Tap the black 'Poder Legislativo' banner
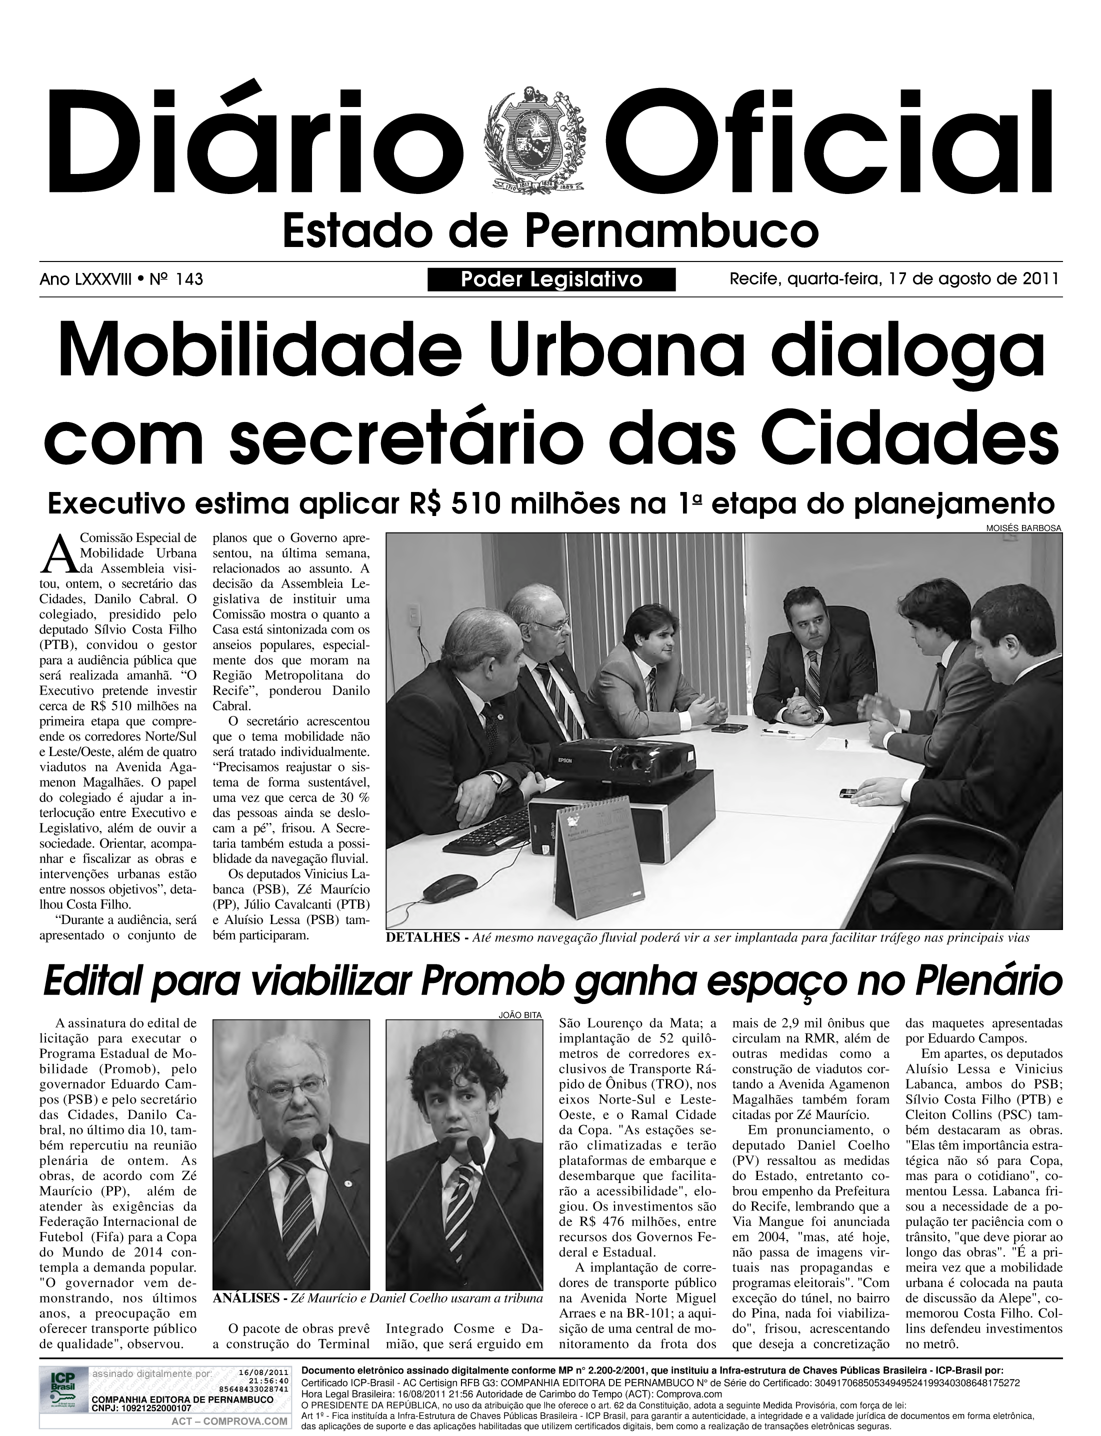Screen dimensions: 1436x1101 click(551, 280)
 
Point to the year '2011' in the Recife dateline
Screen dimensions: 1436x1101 click(1040, 279)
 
